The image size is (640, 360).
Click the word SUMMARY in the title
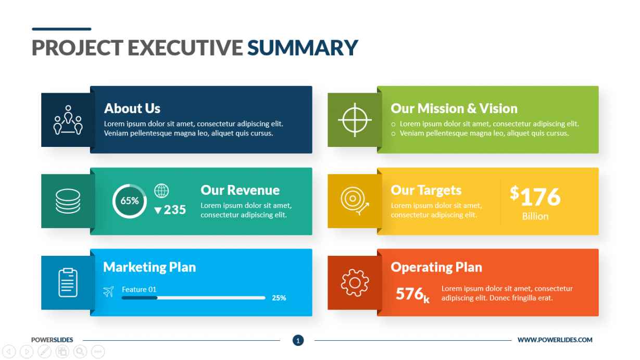[302, 47]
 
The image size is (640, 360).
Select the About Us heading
[132, 108]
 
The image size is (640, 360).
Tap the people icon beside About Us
[68, 120]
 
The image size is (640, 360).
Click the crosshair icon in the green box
[355, 120]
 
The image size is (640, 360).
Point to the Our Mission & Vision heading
[454, 108]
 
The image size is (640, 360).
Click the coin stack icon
[68, 201]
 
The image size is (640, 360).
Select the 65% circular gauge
[130, 201]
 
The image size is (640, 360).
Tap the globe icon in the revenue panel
[161, 191]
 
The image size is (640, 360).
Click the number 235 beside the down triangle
[175, 210]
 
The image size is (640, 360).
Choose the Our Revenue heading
[240, 190]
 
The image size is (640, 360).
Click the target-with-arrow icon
[355, 201]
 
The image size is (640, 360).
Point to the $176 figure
[535, 196]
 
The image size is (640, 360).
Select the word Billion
[535, 216]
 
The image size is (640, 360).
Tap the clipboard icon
[68, 282]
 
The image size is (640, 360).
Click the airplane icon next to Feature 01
[108, 292]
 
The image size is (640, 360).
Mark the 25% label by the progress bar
[279, 298]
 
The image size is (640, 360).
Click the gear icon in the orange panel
[355, 283]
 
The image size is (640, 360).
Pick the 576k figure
[412, 294]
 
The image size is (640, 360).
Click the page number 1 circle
[298, 340]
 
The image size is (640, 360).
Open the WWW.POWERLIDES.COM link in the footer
[555, 340]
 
